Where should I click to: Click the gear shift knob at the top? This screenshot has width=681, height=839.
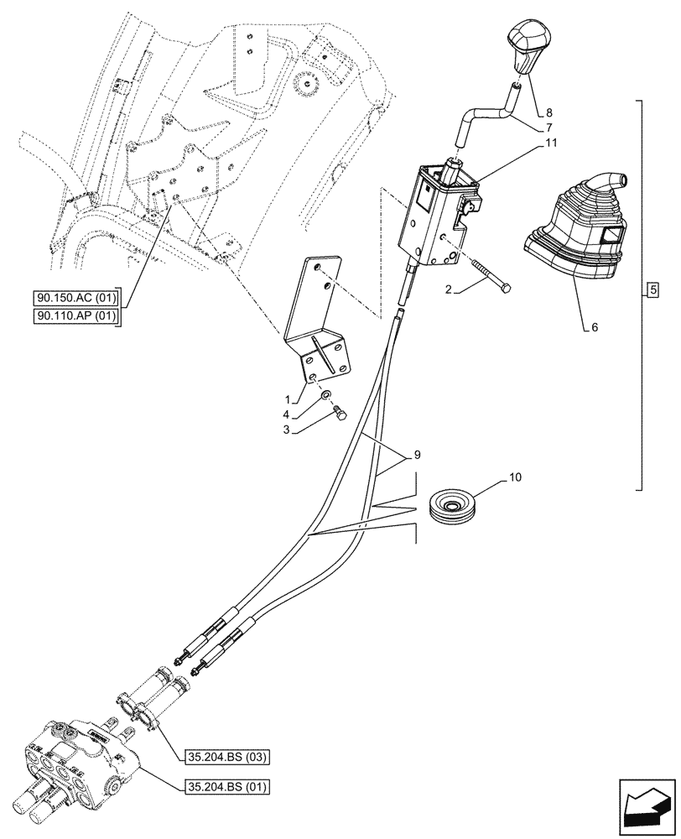[x=526, y=45]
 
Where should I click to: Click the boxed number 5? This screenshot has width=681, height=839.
[x=653, y=291]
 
